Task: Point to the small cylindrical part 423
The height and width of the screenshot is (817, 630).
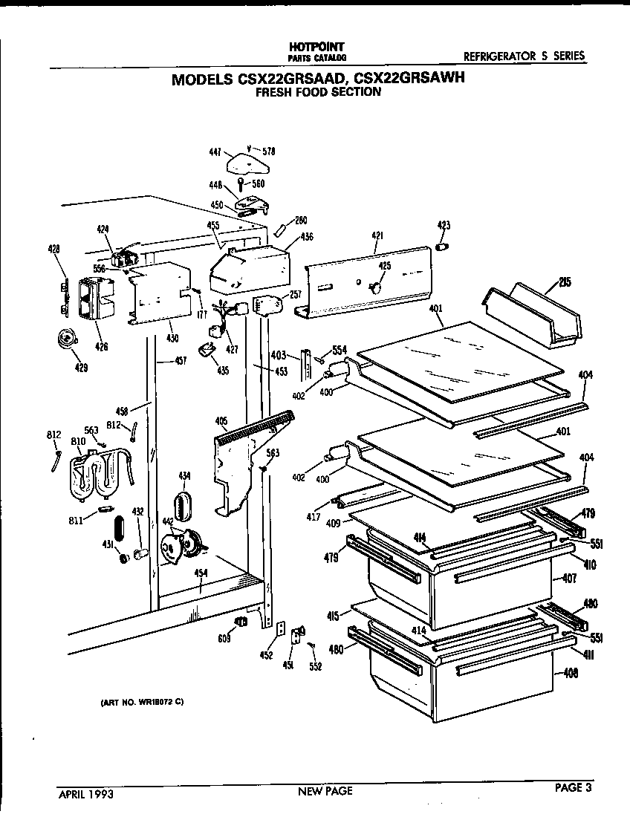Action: point(443,247)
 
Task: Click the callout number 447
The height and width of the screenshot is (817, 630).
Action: point(215,152)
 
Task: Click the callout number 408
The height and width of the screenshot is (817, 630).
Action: point(571,674)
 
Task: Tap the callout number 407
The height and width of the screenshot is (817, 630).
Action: point(569,578)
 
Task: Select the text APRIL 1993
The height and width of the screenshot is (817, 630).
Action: point(86,792)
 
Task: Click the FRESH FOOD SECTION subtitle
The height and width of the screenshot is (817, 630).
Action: point(318,93)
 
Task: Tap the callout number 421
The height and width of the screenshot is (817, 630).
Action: point(377,236)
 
